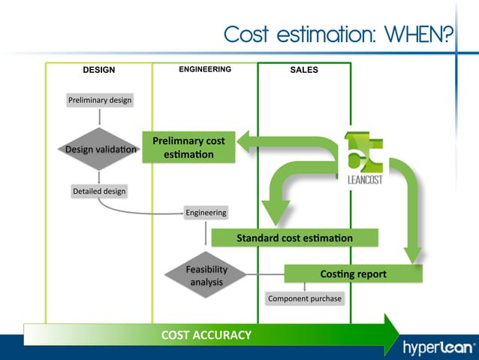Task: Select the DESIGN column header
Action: (x=98, y=70)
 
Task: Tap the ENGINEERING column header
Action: (x=204, y=69)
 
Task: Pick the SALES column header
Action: (x=303, y=70)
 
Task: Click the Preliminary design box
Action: (x=99, y=100)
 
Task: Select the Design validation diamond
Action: (x=100, y=150)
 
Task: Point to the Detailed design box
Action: (x=99, y=191)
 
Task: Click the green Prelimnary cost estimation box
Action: (x=188, y=147)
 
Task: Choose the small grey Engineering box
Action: (x=206, y=213)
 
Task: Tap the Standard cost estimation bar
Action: (x=294, y=238)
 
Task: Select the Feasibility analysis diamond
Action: (x=206, y=274)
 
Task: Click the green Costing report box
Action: (x=353, y=274)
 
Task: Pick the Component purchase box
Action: (x=304, y=298)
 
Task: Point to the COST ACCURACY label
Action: (x=206, y=334)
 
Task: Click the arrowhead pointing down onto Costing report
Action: (x=411, y=256)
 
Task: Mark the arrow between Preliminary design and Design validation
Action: (x=99, y=117)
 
